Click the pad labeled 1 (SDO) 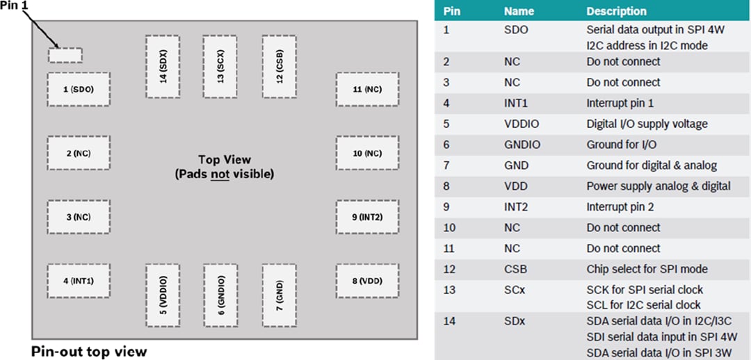point(79,89)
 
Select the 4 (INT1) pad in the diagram point(79,281)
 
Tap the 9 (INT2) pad point(367,217)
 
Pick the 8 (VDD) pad point(367,281)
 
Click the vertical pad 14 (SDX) point(163,67)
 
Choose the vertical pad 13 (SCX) point(220,67)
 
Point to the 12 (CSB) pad point(279,67)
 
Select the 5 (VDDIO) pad point(163,295)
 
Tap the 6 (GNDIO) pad point(220,295)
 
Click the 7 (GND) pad point(279,295)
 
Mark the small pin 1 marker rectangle point(65,55)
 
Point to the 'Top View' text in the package point(224,160)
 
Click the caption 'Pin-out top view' point(89,351)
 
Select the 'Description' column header point(616,11)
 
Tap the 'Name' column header point(519,11)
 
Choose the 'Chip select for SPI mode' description point(647,269)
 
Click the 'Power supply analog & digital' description point(658,186)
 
